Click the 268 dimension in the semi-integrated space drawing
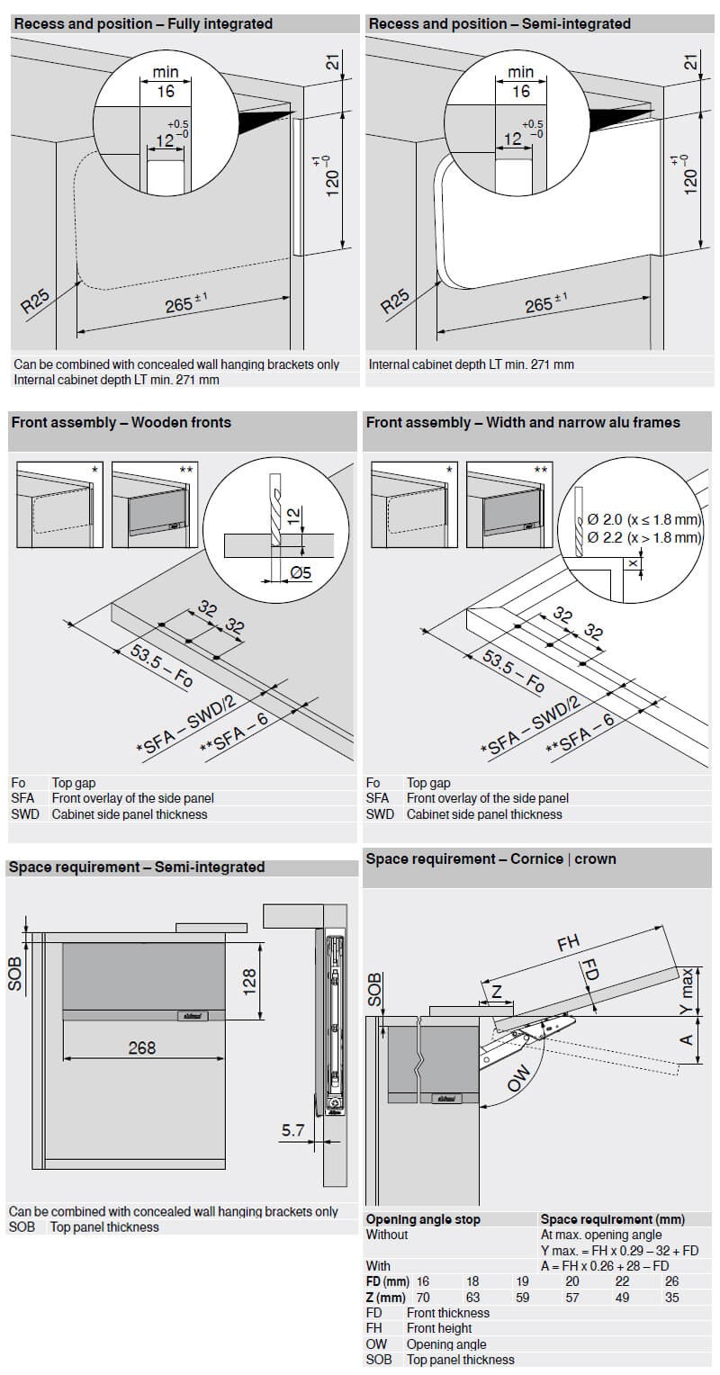[x=141, y=1047]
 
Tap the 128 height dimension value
[x=250, y=981]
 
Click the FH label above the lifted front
[x=569, y=944]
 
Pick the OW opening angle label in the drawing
[x=520, y=1078]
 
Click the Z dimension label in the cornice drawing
[x=498, y=992]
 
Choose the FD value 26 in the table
[x=671, y=1281]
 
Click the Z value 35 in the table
[x=671, y=1298]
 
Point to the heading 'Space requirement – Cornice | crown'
[x=490, y=859]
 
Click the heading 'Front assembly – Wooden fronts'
[x=121, y=422]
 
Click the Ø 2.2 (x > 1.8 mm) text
[x=643, y=537]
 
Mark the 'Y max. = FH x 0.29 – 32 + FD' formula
[x=619, y=1251]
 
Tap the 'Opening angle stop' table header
[x=423, y=1219]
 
